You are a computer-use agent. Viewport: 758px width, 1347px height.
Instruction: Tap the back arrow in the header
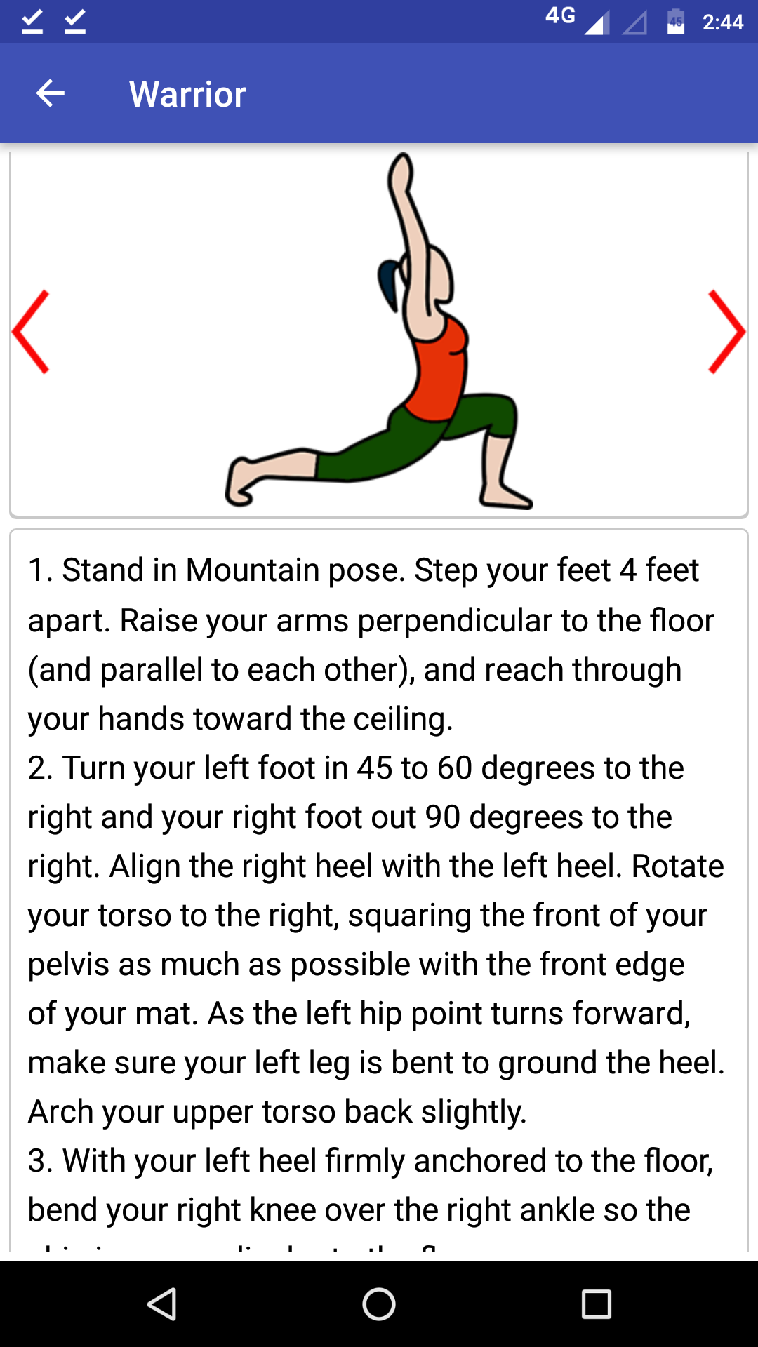pos(51,93)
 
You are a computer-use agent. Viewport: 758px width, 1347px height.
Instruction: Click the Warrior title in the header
pos(187,94)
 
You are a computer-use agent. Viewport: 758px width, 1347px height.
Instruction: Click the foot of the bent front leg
pos(504,495)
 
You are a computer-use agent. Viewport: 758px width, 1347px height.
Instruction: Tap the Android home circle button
pos(379,1304)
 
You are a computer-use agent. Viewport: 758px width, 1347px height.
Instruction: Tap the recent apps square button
pos(597,1304)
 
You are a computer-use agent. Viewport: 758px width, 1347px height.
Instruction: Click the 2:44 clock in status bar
pos(723,22)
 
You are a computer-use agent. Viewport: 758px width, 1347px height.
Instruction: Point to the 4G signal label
pos(560,15)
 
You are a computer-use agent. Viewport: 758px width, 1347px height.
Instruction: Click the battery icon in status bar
pos(676,22)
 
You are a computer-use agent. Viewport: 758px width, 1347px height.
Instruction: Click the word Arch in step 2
pos(58,1112)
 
